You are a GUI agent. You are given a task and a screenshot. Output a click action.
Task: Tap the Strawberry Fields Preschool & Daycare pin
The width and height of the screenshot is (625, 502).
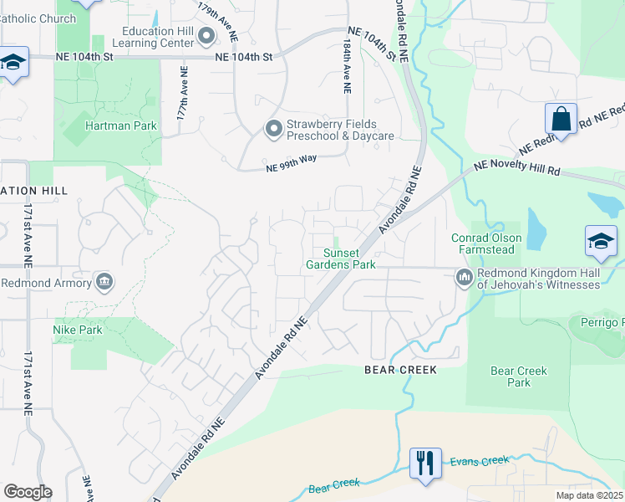click(273, 129)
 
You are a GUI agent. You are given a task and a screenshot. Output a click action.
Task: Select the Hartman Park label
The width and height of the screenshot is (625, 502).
click(121, 125)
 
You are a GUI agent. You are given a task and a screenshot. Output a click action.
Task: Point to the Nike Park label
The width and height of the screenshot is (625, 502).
click(79, 330)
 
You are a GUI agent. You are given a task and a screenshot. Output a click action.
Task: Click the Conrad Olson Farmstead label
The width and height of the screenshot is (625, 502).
click(487, 243)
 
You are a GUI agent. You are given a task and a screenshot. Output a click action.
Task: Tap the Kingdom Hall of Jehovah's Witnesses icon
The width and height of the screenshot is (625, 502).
click(464, 276)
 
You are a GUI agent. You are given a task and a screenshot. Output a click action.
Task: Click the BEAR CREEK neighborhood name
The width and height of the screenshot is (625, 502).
click(401, 369)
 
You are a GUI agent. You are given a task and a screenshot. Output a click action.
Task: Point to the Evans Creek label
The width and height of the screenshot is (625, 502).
click(479, 460)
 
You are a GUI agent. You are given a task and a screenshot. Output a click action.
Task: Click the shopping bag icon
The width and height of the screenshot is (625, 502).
click(561, 120)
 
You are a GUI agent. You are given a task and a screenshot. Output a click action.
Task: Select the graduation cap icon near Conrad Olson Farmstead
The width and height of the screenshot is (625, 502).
click(601, 242)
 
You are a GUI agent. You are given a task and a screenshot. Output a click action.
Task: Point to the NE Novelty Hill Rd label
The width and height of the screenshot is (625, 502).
click(516, 169)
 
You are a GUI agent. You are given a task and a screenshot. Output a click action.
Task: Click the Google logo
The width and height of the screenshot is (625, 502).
click(28, 492)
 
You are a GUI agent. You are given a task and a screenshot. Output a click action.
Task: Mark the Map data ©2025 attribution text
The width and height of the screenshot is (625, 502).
click(589, 495)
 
